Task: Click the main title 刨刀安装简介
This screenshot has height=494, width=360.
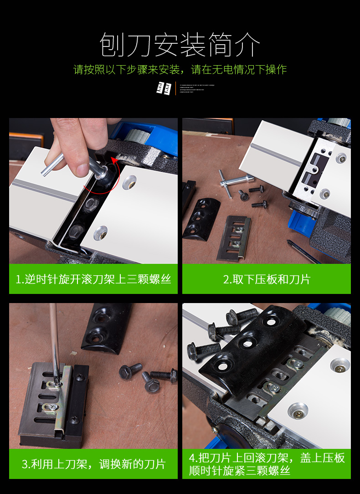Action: [180, 45]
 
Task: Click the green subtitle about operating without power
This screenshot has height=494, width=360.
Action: [180, 70]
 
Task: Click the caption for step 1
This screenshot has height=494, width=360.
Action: [93, 279]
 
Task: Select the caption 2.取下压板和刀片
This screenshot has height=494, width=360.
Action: [267, 279]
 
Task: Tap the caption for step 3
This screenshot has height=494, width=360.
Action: [93, 464]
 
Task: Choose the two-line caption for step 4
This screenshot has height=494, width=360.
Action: [267, 464]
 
